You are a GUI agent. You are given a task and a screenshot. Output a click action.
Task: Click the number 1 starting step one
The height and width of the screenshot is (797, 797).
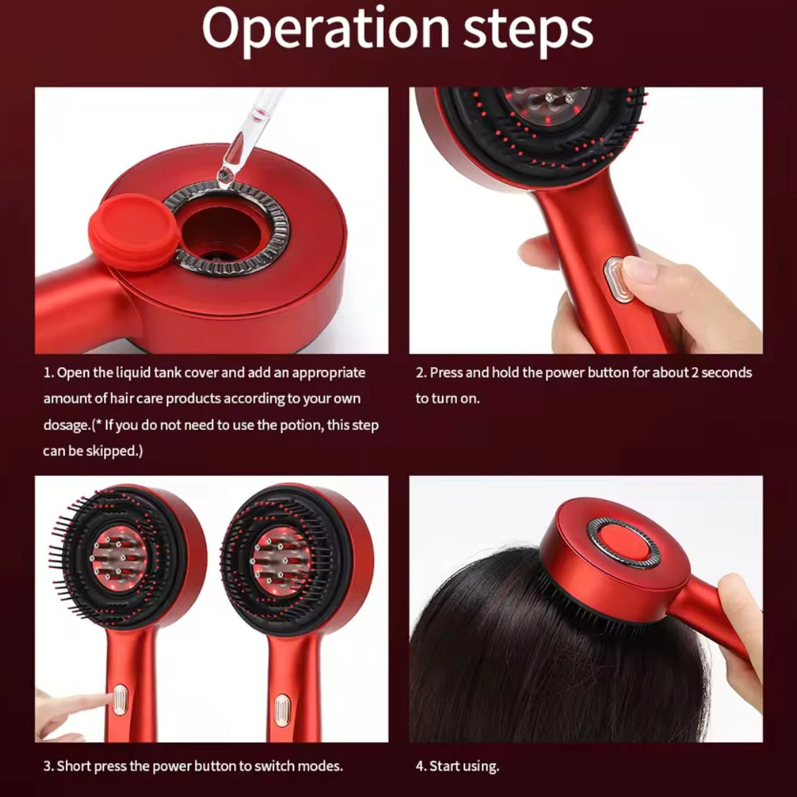[x=47, y=373]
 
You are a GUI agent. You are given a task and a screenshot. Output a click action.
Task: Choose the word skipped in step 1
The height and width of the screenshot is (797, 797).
[x=113, y=451]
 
